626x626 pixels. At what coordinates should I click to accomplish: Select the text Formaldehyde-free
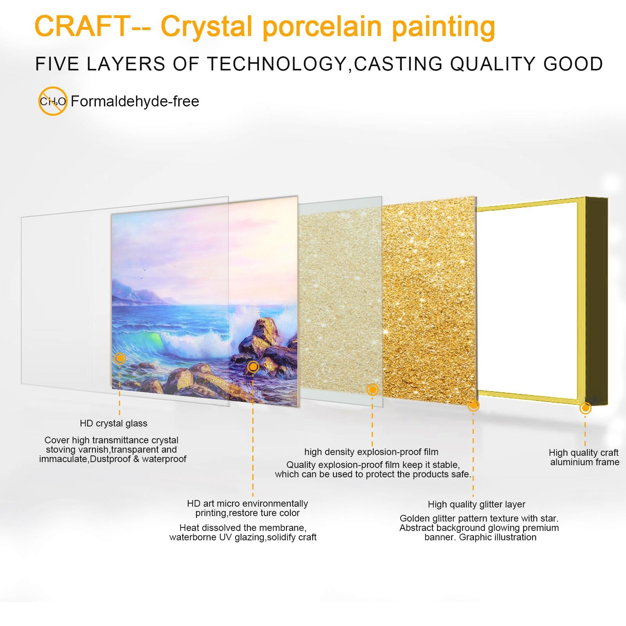click(x=135, y=101)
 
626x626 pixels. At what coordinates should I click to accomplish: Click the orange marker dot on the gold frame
click(x=585, y=408)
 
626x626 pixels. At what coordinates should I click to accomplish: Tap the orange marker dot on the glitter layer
click(x=473, y=405)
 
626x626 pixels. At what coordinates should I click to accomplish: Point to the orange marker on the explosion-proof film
click(x=372, y=389)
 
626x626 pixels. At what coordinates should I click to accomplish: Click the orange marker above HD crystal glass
click(x=120, y=358)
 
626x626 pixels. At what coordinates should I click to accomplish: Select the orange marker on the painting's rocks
click(x=253, y=367)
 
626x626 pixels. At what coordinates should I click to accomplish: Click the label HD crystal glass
click(x=113, y=423)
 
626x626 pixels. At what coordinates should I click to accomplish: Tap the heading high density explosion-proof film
click(x=371, y=452)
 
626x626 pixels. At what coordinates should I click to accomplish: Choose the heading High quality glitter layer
click(x=477, y=504)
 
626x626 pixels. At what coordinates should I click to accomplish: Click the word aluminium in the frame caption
click(x=569, y=462)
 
